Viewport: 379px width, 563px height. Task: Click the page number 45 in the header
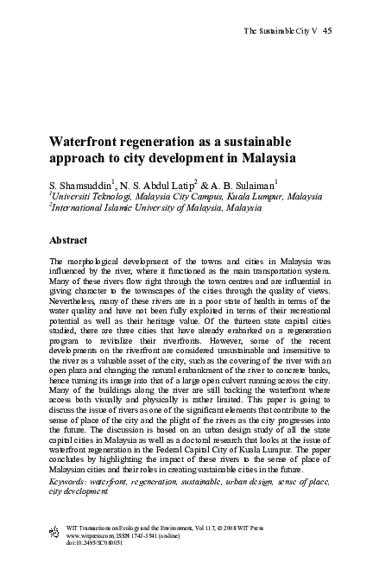tap(327, 32)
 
